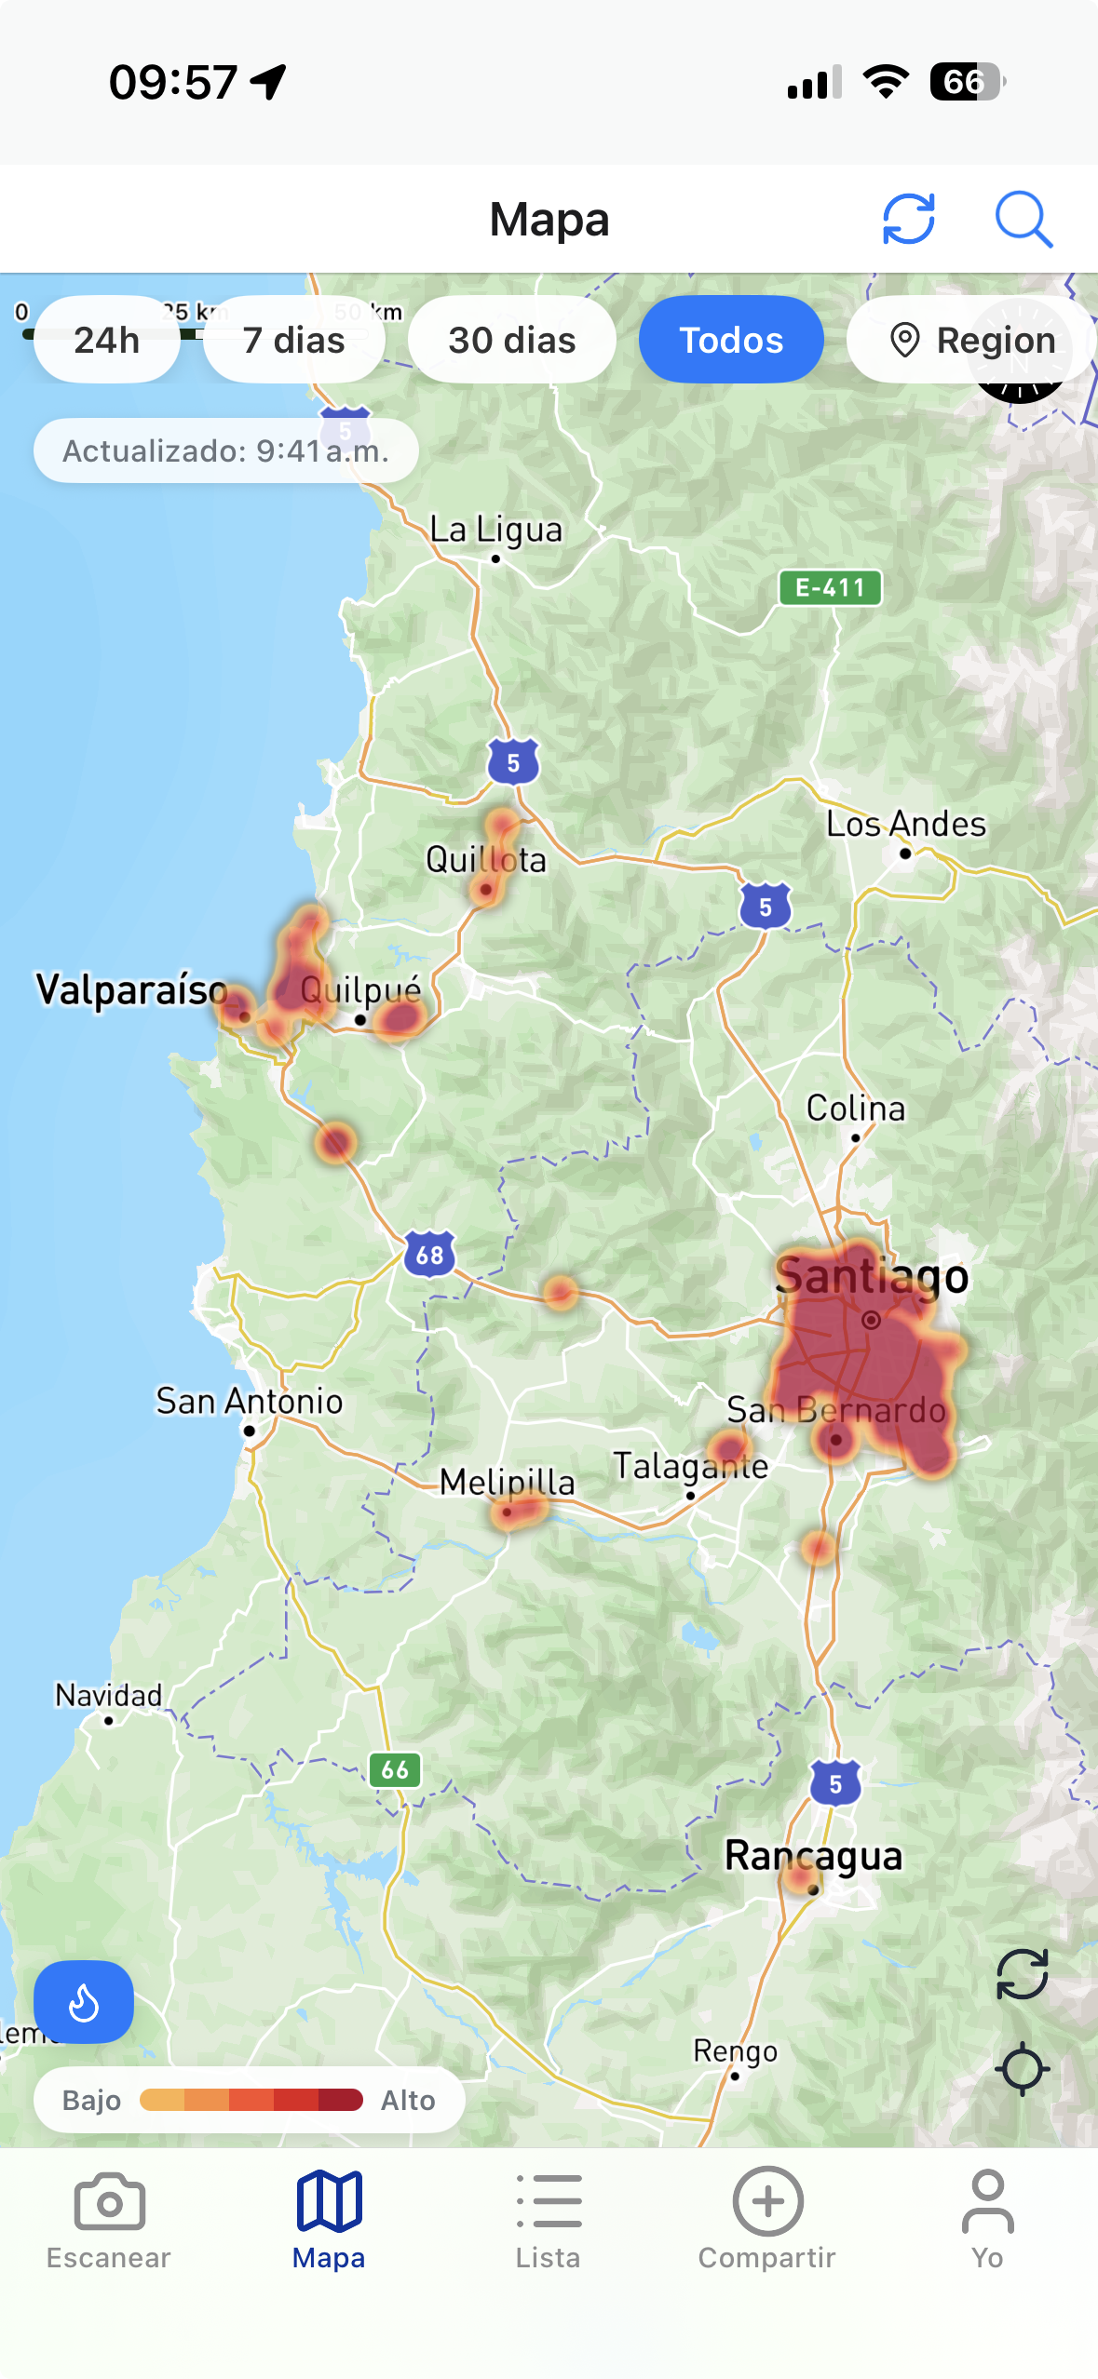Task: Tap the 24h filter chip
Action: (107, 340)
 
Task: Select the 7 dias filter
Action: (293, 340)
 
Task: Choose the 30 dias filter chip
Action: (511, 340)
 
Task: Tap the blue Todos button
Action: (731, 340)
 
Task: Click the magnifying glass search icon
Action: (1023, 220)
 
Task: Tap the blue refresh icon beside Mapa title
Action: (908, 220)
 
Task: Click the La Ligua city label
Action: (495, 531)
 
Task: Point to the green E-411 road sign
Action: (830, 587)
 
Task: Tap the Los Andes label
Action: (905, 825)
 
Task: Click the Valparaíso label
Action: (131, 990)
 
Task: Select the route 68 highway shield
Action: (429, 1255)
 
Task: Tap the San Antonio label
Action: (249, 1402)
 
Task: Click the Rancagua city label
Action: (813, 1856)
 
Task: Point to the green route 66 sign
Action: (395, 1769)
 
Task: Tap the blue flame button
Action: (84, 2002)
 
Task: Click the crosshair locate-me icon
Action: (1022, 2069)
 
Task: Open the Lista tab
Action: (549, 2220)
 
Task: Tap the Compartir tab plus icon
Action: (767, 2202)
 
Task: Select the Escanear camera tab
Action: (109, 2220)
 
